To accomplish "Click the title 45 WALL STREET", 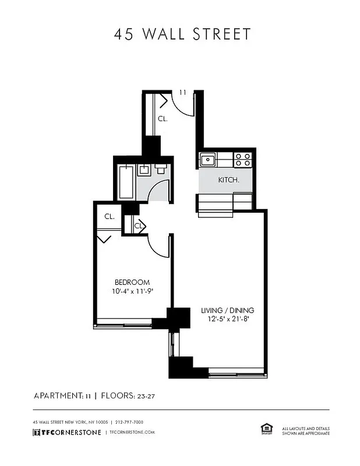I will [x=182, y=34].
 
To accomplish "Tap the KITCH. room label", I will [x=228, y=180].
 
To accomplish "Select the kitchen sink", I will [x=207, y=160].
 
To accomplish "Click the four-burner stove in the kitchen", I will [x=242, y=160].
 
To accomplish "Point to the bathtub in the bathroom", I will [x=126, y=181].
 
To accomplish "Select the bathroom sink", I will [x=143, y=170].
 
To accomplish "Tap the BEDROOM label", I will [x=132, y=282].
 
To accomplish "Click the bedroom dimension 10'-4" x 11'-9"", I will [x=132, y=291].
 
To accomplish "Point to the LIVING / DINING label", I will [x=227, y=310].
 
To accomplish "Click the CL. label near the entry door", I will [x=163, y=118].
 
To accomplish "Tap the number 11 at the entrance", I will [x=182, y=93].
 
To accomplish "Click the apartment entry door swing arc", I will [x=183, y=107].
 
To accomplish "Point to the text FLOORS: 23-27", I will [x=128, y=396].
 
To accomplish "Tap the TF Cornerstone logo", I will [x=67, y=432].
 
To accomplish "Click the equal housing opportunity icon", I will [x=266, y=429].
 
